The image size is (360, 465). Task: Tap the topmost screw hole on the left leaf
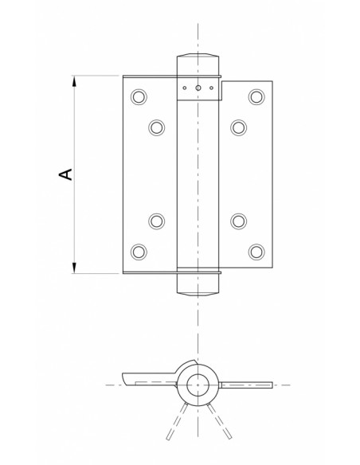pyautogui.click(x=139, y=96)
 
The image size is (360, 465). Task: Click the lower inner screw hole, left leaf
pyautogui.click(x=155, y=221)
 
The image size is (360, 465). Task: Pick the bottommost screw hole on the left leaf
pyautogui.click(x=139, y=251)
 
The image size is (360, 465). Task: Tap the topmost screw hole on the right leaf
pyautogui.click(x=255, y=96)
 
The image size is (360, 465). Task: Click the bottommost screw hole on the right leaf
pyautogui.click(x=255, y=251)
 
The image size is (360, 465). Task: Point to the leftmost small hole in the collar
pyautogui.click(x=184, y=88)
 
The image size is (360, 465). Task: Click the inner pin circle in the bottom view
pyautogui.click(x=195, y=386)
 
